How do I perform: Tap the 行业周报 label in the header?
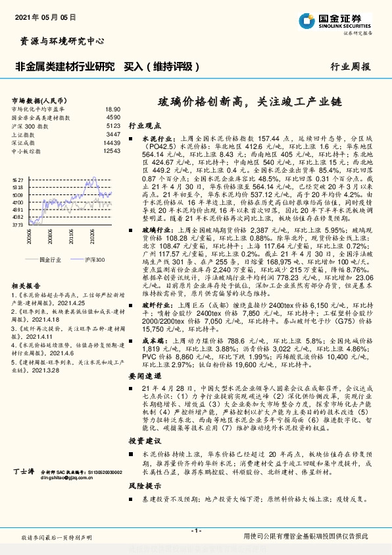pyautogui.click(x=351, y=67)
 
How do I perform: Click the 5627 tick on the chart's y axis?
pyautogui.click(x=18, y=179)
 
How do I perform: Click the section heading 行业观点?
pyautogui.click(x=143, y=124)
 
